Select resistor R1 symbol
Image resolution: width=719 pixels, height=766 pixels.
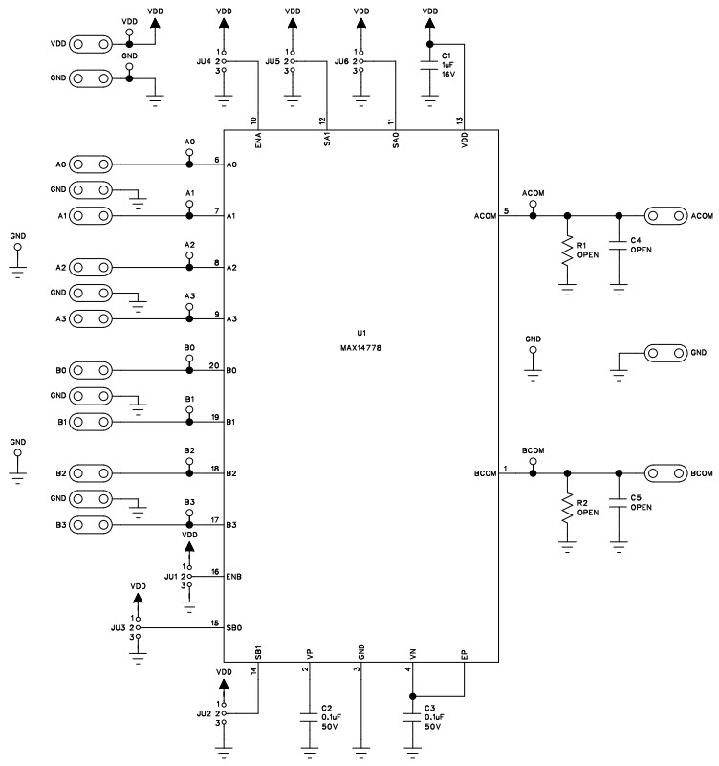pyautogui.click(x=568, y=251)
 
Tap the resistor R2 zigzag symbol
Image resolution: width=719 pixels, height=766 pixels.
pyautogui.click(x=568, y=508)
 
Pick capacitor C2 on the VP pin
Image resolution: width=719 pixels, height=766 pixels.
pyautogui.click(x=308, y=716)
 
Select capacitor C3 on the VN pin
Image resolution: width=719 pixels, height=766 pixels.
pyautogui.click(x=412, y=716)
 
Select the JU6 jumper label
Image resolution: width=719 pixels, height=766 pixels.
pyautogui.click(x=340, y=61)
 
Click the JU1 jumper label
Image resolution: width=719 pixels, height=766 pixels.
pyautogui.click(x=170, y=577)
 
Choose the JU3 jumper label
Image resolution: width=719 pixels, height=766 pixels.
pyautogui.click(x=118, y=628)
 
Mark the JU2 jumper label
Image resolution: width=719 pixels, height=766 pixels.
pyautogui.click(x=203, y=713)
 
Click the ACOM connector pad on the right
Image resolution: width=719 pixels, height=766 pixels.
pyautogui.click(x=665, y=216)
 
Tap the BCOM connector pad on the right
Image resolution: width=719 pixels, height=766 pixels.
pyautogui.click(x=665, y=473)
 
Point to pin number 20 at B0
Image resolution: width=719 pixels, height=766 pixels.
pyautogui.click(x=215, y=365)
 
